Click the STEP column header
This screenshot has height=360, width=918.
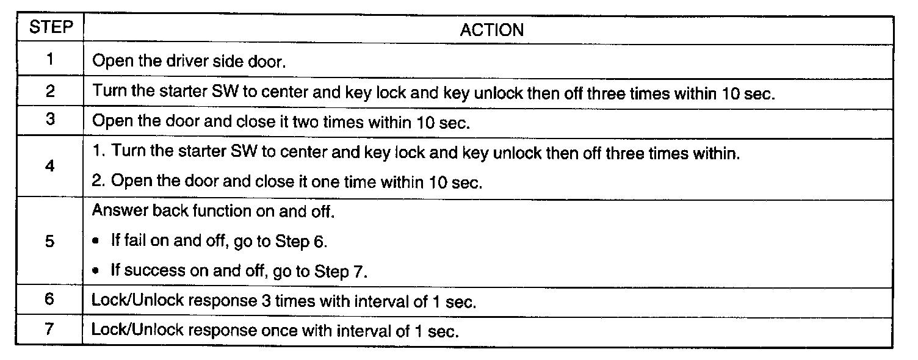coord(51,27)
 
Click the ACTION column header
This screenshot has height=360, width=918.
coord(492,30)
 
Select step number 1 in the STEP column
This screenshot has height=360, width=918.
coord(49,59)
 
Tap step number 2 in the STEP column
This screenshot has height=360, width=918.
coord(50,90)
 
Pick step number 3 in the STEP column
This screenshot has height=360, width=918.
coord(50,119)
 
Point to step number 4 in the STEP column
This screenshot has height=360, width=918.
coord(49,166)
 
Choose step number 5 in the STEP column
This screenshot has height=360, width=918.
coord(49,241)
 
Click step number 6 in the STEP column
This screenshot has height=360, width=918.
coord(49,298)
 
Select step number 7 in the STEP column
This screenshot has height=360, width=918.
coord(49,328)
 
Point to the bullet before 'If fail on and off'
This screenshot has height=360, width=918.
coord(95,241)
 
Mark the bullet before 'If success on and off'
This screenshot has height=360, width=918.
coord(95,271)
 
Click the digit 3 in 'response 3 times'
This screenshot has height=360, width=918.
coord(266,301)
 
